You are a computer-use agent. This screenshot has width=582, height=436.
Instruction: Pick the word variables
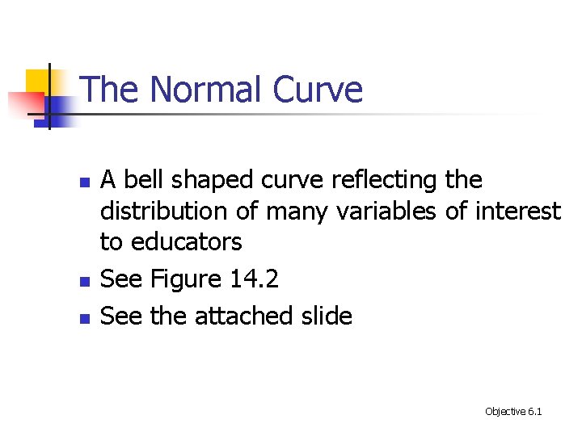click(x=382, y=212)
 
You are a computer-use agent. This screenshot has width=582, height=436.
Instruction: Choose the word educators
click(x=187, y=241)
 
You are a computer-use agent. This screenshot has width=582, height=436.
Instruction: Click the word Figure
click(x=185, y=279)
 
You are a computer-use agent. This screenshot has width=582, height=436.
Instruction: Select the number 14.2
click(x=255, y=279)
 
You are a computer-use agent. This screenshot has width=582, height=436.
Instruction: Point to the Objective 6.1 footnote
click(x=513, y=412)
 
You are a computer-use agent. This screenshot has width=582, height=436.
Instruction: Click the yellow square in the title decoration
click(x=36, y=81)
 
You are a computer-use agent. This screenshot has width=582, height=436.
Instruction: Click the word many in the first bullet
click(x=296, y=212)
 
